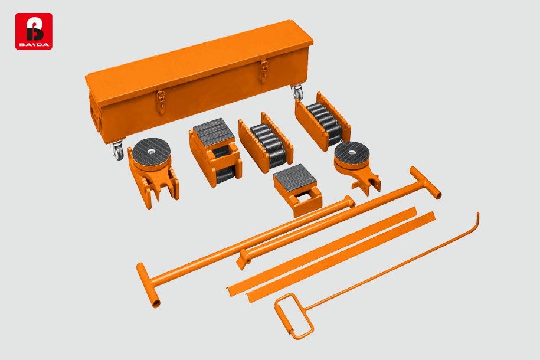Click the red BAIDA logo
point(34,31)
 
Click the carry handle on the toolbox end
point(94,117)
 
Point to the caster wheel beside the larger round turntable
point(118,151)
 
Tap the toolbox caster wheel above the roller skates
point(296,91)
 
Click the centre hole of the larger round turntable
point(151,151)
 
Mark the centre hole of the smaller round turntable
point(351,153)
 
